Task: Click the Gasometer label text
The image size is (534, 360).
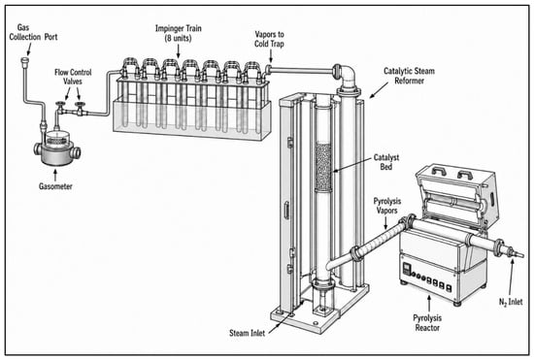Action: [55, 186]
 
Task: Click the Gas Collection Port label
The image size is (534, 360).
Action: [33, 32]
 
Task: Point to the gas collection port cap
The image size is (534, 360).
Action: [25, 60]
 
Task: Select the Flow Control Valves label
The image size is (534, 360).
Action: [73, 77]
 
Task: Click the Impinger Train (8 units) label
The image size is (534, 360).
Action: [179, 33]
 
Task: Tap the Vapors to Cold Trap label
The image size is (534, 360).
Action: [269, 39]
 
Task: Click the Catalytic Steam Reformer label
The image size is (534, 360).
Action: [409, 76]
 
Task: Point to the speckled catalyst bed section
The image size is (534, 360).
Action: [323, 167]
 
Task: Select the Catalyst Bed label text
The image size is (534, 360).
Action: [386, 162]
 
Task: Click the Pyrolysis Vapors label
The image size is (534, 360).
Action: [386, 206]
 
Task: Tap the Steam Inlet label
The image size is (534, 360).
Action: [247, 333]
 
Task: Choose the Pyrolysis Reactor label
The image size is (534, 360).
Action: [427, 323]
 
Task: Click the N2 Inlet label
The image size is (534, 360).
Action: [511, 302]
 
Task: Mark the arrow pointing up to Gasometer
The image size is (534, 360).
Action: [55, 176]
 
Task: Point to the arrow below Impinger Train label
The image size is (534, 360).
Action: [178, 51]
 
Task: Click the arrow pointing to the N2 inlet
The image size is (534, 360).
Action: [511, 277]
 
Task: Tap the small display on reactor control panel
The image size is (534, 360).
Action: [407, 269]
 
